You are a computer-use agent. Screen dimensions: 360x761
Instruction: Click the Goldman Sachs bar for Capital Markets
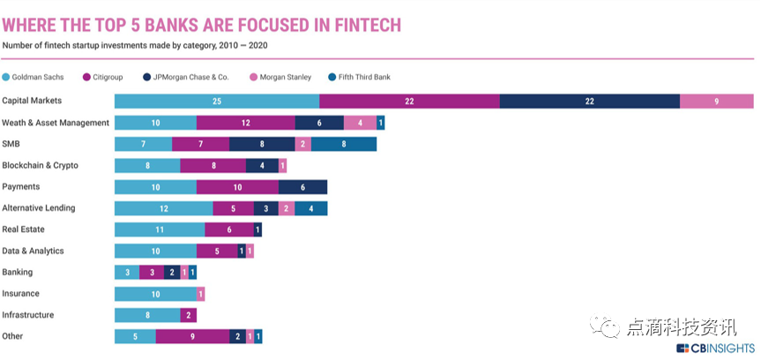pos(217,101)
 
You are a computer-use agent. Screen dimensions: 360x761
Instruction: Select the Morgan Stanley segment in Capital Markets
pos(716,101)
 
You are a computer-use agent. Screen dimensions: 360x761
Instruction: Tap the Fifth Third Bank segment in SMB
pos(344,144)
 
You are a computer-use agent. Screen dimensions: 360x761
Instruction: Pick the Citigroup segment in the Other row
pos(192,336)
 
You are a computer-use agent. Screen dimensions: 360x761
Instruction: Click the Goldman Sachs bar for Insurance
pos(155,294)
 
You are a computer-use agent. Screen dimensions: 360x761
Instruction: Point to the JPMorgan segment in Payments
pos(302,187)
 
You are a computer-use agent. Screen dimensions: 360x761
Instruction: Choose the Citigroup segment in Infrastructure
pos(188,315)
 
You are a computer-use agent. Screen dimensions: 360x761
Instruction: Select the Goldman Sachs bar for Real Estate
pos(160,229)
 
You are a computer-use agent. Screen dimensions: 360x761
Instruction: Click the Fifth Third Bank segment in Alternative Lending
pos(310,208)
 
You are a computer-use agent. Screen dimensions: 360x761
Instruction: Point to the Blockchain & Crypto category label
pos(41,165)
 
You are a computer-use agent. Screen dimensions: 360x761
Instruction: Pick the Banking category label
pos(18,272)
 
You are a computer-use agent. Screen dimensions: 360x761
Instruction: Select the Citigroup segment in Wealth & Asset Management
pos(245,123)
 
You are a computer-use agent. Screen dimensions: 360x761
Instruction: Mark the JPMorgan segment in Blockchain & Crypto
pos(261,165)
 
